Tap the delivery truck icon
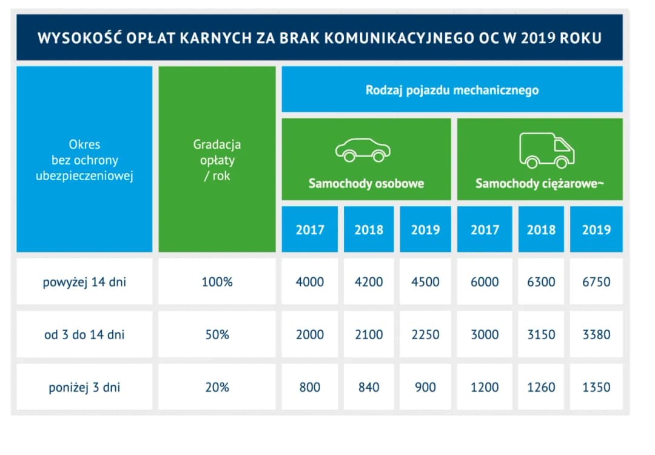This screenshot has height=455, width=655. (x=546, y=150)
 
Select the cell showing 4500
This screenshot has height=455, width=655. (x=425, y=282)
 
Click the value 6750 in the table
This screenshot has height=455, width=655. (x=596, y=282)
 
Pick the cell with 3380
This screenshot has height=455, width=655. (x=596, y=335)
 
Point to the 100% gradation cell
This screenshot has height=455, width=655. (x=217, y=282)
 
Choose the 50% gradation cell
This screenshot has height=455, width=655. (x=217, y=335)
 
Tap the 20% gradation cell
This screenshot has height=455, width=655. (x=217, y=387)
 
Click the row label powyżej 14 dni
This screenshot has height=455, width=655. (x=84, y=282)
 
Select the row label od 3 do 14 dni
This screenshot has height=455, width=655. (x=84, y=335)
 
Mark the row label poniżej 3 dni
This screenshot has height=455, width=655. (x=84, y=387)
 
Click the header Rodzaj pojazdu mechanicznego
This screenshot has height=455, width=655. (x=452, y=90)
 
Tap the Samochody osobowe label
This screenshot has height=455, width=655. (x=366, y=183)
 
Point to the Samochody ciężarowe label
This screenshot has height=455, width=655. (x=540, y=183)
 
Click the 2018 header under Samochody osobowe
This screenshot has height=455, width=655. (x=369, y=230)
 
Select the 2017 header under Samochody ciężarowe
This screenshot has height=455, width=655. (x=485, y=230)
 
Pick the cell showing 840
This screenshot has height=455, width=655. (x=369, y=387)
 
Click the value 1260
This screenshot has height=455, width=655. (x=541, y=387)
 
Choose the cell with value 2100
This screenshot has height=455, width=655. (x=369, y=335)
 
